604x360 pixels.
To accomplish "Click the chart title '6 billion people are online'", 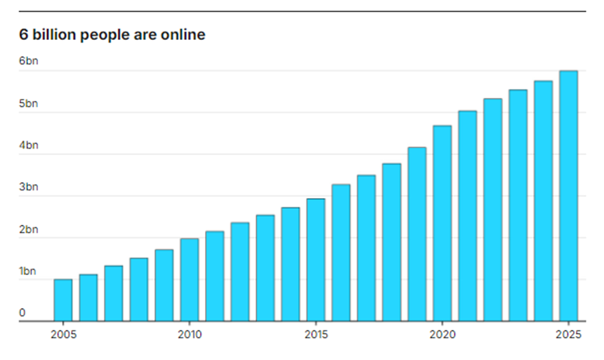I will click(112, 35).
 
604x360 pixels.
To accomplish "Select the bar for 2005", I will click(63, 300).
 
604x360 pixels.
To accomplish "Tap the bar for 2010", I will click(189, 279).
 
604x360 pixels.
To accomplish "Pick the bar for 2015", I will click(315, 260).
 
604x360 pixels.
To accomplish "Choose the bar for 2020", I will click(442, 223).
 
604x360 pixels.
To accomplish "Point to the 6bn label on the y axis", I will click(29, 62).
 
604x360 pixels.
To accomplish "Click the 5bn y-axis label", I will click(29, 103).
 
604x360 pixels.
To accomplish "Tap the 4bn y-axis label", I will click(29, 145).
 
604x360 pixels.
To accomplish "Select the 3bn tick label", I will click(29, 187).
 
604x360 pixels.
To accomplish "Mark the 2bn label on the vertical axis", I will click(29, 229).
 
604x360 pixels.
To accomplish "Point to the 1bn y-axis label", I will click(29, 271).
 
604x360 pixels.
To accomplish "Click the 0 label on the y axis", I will click(22, 312).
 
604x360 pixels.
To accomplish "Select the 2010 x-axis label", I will click(189, 334).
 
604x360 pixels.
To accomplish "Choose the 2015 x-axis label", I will click(315, 334).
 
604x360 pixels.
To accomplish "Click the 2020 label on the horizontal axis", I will click(442, 334).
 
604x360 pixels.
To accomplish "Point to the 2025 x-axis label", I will click(568, 334).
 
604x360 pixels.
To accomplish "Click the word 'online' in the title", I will click(184, 35).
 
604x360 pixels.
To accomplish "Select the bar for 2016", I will click(341, 252).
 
